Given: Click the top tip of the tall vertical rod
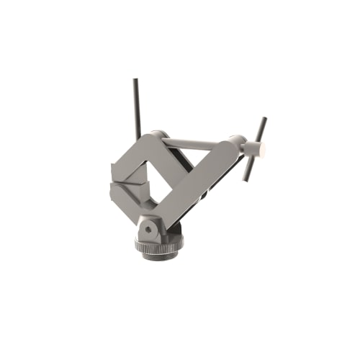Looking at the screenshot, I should click(135, 81).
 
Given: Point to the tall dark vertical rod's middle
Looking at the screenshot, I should click(136, 108).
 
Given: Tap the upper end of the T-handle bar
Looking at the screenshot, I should click(264, 120).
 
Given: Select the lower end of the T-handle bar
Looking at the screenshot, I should click(246, 179).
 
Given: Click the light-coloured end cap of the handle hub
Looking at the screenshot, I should click(262, 150).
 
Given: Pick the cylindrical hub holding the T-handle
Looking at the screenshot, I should click(252, 149).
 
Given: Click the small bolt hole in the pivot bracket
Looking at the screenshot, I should click(148, 229).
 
